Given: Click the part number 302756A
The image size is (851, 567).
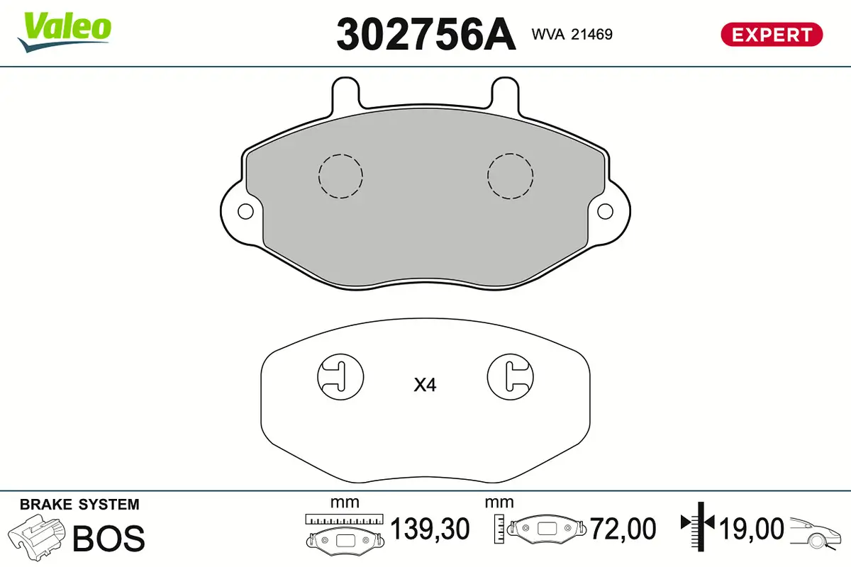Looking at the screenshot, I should [425, 33].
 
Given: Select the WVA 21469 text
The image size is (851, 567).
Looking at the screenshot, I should [572, 33].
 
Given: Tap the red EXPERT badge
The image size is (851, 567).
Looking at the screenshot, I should [772, 34].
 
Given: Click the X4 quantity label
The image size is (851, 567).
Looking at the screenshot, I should [425, 386].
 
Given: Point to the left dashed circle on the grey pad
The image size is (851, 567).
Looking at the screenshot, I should [340, 175].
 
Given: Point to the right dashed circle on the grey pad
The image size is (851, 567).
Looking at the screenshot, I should [511, 175].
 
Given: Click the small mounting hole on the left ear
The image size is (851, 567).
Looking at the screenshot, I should [245, 211].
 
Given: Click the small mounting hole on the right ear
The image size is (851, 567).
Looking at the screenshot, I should [605, 211].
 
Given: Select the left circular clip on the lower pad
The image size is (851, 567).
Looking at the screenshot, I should [340, 376].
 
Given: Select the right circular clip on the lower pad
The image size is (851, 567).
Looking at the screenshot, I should [511, 376].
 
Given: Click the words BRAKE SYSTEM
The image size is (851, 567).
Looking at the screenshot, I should [79, 505].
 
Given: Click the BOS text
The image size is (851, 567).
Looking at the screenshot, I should [109, 538].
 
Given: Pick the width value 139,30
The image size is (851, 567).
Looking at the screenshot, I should [430, 529].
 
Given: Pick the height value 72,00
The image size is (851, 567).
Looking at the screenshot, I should [625, 529].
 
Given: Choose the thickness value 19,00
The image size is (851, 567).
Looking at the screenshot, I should [752, 529].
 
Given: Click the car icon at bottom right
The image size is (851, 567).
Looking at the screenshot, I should [817, 531].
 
